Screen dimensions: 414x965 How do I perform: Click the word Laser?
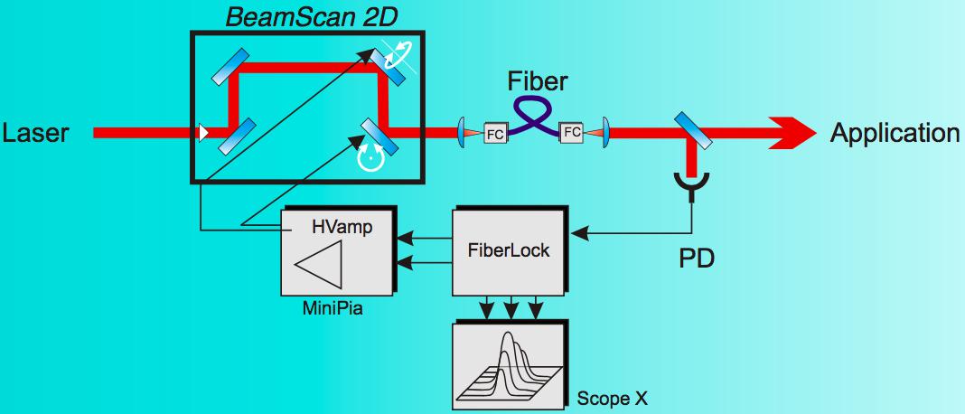(34, 134)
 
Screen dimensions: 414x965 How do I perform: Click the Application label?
(895, 134)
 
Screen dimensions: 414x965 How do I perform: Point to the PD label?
(697, 259)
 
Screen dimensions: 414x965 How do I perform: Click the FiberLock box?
(510, 250)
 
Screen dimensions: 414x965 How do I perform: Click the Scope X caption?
(612, 398)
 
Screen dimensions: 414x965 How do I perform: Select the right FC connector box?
(572, 132)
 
